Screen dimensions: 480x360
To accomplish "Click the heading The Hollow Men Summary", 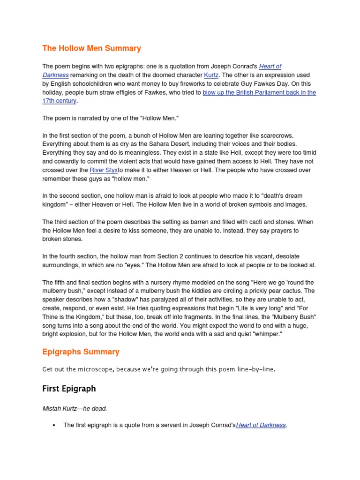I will [x=91, y=48].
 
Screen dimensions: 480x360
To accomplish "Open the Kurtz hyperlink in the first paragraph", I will [x=210, y=75].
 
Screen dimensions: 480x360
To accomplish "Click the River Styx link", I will [x=104, y=170].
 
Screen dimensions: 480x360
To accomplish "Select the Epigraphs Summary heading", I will [x=81, y=352].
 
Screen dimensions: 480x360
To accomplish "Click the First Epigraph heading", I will [x=69, y=389].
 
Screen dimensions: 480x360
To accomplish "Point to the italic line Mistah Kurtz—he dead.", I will [x=75, y=408].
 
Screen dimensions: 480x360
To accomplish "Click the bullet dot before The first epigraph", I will [x=54, y=425].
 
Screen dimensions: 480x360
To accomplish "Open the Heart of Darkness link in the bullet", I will [x=261, y=425].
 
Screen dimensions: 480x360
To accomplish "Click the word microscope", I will [x=93, y=369].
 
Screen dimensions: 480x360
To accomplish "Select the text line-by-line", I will [x=255, y=369].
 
